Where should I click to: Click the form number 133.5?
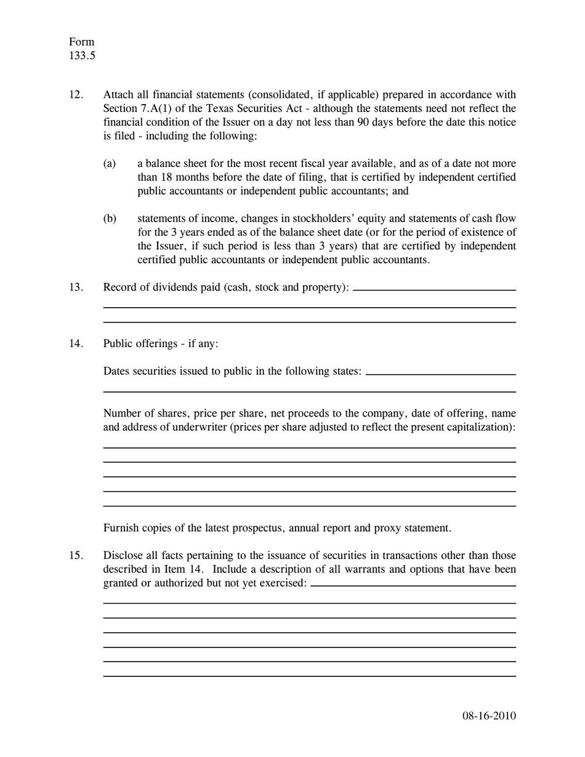pyautogui.click(x=82, y=56)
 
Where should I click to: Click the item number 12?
pyautogui.click(x=76, y=95)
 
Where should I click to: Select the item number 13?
pyautogui.click(x=76, y=287)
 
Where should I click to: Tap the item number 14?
pyautogui.click(x=76, y=343)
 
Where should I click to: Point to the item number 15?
pyautogui.click(x=76, y=556)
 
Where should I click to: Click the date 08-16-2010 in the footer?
pyautogui.click(x=489, y=716)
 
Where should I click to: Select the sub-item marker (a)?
pyautogui.click(x=110, y=164)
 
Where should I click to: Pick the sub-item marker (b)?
pyautogui.click(x=110, y=219)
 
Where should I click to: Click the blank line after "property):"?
pyautogui.click(x=434, y=290)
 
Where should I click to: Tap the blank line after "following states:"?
pyautogui.click(x=440, y=374)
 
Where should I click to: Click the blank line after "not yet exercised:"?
pyautogui.click(x=413, y=586)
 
